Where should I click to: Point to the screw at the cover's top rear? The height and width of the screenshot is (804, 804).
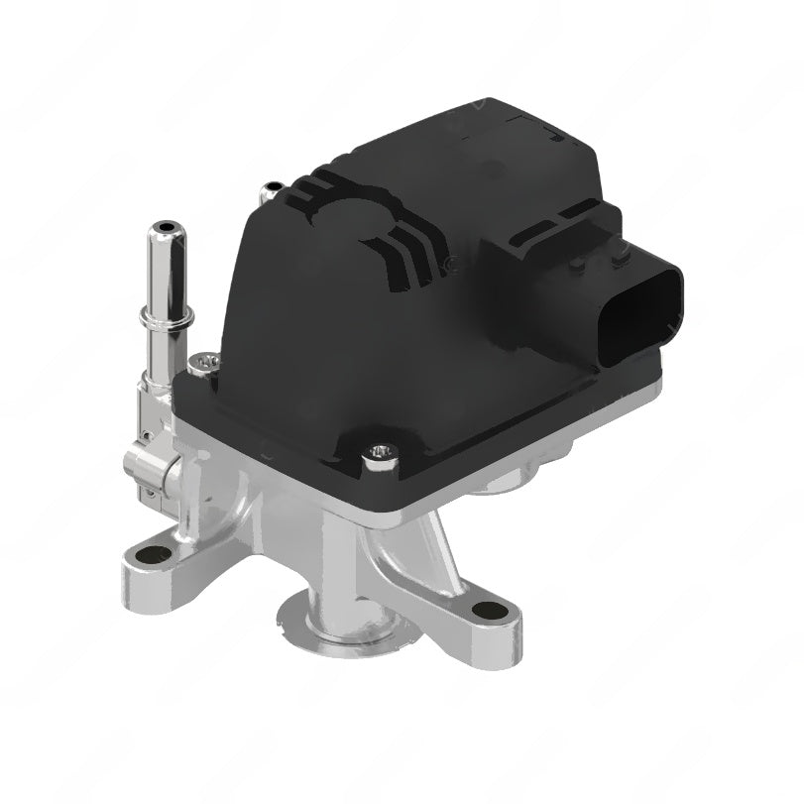(270, 188)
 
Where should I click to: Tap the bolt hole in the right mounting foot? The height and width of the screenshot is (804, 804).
(486, 611)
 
